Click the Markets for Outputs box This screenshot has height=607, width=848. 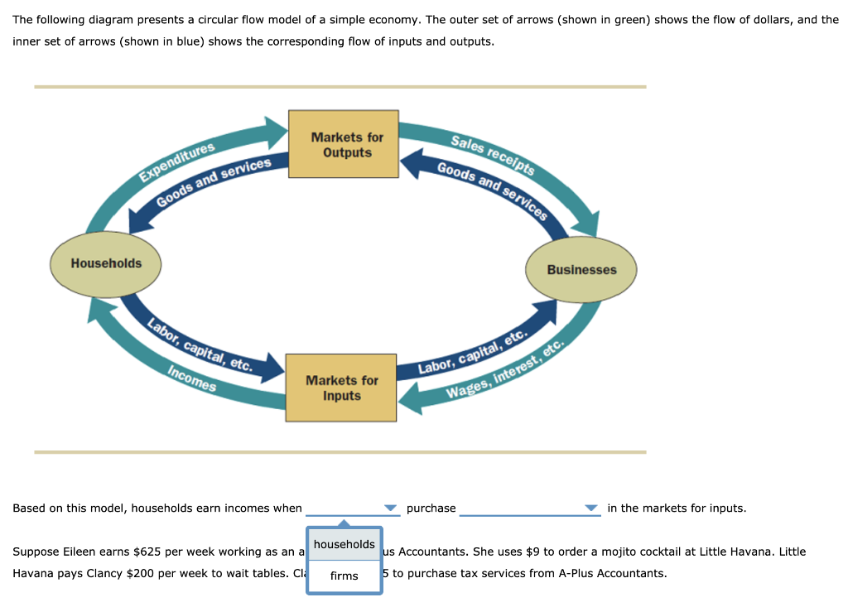pyautogui.click(x=347, y=144)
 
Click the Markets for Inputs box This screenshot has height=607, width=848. pyautogui.click(x=342, y=388)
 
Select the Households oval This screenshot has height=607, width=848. pyautogui.click(x=106, y=263)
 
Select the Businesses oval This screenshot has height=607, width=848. pyautogui.click(x=581, y=270)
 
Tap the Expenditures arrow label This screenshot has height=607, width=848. pyautogui.click(x=176, y=161)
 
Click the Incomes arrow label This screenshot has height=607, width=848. pyautogui.click(x=191, y=379)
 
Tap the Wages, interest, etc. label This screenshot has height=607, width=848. pyautogui.click(x=505, y=370)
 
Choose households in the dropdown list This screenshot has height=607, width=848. pyautogui.click(x=344, y=544)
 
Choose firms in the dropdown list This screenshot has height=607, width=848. pyautogui.click(x=344, y=576)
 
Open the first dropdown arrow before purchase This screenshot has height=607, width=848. pyautogui.click(x=390, y=508)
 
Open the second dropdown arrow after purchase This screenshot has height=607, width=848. pyautogui.click(x=590, y=508)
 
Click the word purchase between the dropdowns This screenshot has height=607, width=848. pyautogui.click(x=431, y=508)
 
